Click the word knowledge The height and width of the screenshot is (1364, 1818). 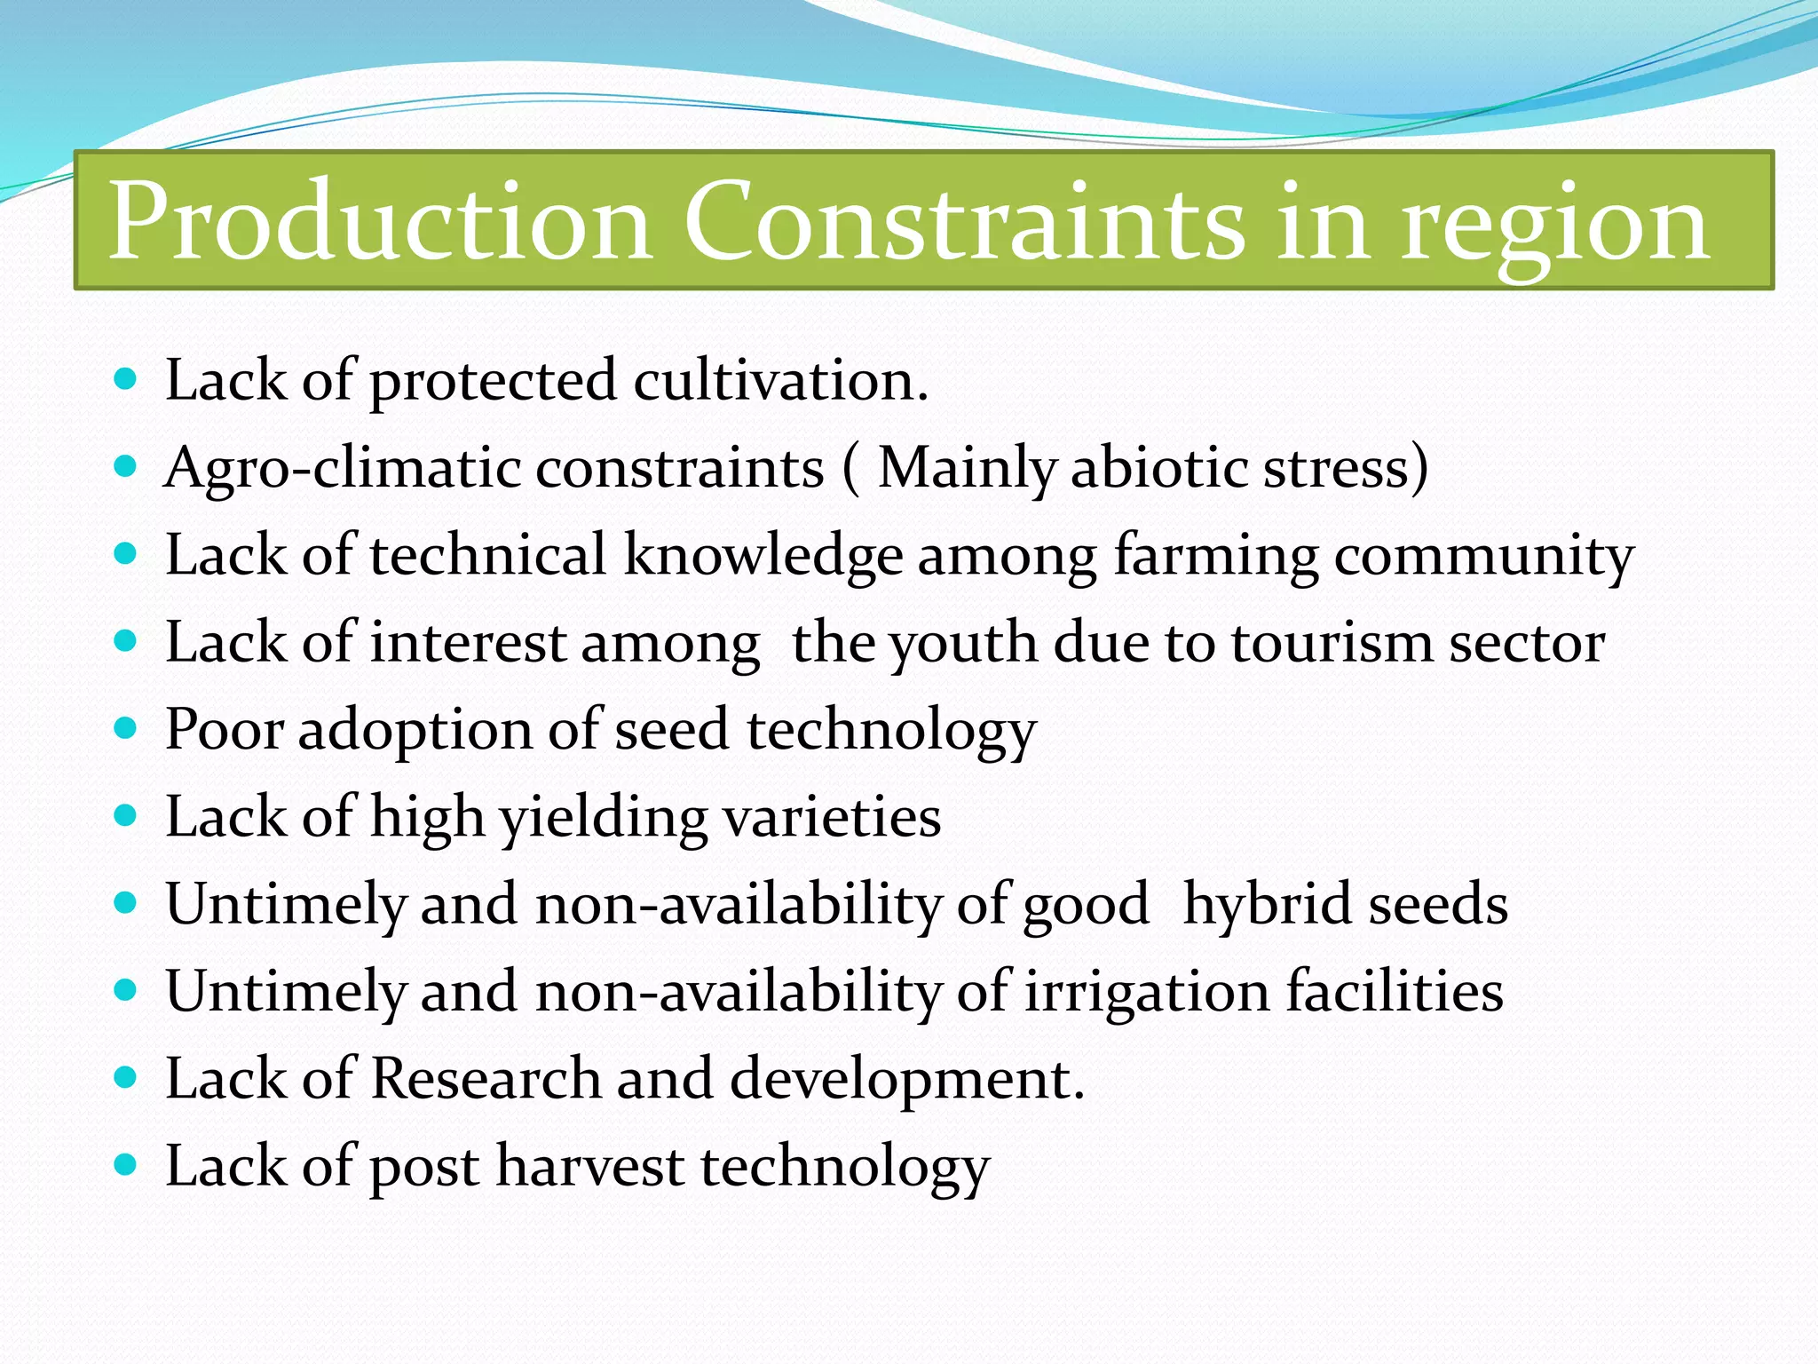click(763, 556)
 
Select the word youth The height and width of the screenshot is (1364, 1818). click(963, 644)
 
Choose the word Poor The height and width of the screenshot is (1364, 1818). click(225, 730)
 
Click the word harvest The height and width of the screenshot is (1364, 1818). click(589, 1166)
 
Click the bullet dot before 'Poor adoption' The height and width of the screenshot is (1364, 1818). click(126, 728)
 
